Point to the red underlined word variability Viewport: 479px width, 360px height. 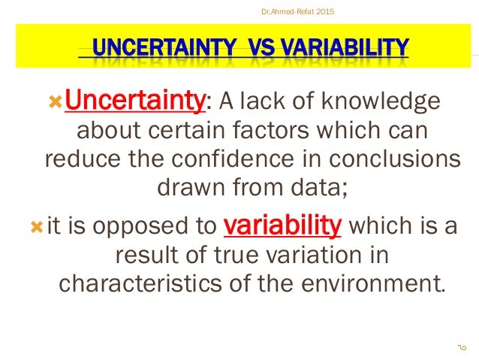click(283, 225)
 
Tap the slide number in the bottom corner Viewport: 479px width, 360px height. click(460, 347)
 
